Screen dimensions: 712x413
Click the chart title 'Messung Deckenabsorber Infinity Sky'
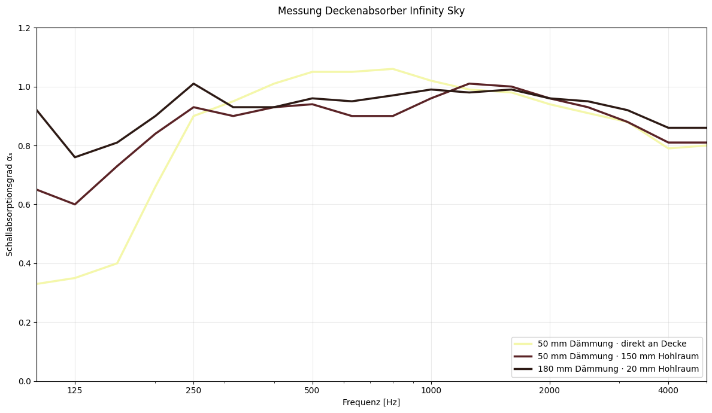click(x=371, y=11)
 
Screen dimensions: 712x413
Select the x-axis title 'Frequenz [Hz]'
click(x=371, y=402)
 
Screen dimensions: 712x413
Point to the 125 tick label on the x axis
click(x=75, y=390)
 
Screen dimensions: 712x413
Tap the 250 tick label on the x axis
click(x=193, y=390)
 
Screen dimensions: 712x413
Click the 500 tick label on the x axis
click(x=312, y=390)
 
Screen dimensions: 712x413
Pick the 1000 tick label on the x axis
click(x=431, y=390)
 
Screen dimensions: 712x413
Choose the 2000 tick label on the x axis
click(x=550, y=390)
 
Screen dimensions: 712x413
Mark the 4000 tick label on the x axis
click(x=668, y=390)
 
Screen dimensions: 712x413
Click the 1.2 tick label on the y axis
click(x=25, y=28)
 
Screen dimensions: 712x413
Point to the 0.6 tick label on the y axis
click(x=25, y=205)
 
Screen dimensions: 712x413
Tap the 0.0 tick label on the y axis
click(x=25, y=381)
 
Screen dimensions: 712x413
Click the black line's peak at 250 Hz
click(x=193, y=84)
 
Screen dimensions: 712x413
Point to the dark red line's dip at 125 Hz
click(x=75, y=204)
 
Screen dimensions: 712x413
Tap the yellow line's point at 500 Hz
click(x=312, y=72)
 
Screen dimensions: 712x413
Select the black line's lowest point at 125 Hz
click(x=75, y=157)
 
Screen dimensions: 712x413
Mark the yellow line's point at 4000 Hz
click(x=668, y=148)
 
